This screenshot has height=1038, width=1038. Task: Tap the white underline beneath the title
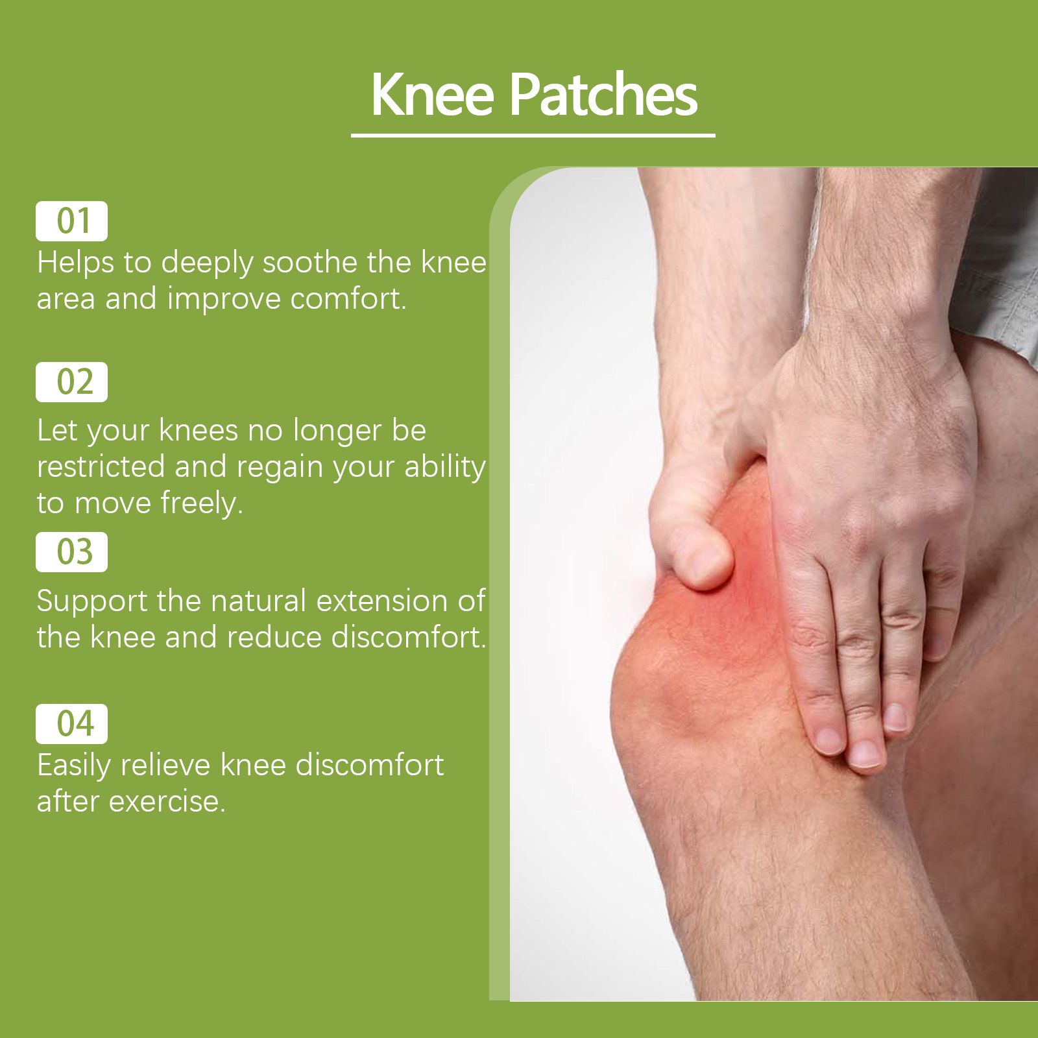point(533,135)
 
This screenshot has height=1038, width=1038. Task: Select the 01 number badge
point(71,221)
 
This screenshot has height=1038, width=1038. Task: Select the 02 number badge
point(71,382)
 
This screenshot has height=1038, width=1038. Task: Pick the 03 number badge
point(71,552)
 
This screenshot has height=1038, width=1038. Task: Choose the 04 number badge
point(71,723)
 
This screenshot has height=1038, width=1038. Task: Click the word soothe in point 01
point(310,262)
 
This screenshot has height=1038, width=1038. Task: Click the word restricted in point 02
point(101,466)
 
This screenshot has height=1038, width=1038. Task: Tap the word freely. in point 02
point(202,503)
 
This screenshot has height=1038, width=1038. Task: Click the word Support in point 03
point(92,601)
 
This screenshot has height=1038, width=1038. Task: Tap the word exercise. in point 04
point(167,802)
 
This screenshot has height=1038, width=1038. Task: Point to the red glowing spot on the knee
point(746,584)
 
